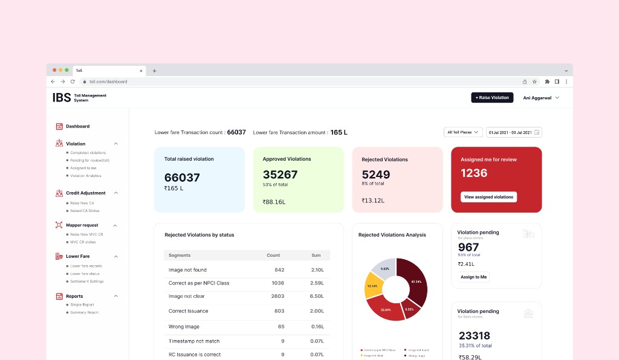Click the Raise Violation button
(492, 97)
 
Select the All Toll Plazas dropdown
(462, 132)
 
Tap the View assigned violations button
(488, 197)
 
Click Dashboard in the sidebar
(77, 126)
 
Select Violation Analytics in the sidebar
(85, 176)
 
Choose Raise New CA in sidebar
(82, 203)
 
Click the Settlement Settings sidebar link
(86, 281)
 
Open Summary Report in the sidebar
(84, 312)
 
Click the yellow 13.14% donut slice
(373, 286)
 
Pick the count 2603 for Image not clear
(277, 297)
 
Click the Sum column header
(316, 256)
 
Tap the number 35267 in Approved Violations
(280, 175)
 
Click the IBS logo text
(62, 97)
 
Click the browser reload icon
(73, 82)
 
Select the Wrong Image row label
(184, 326)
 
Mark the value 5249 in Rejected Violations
(376, 175)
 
